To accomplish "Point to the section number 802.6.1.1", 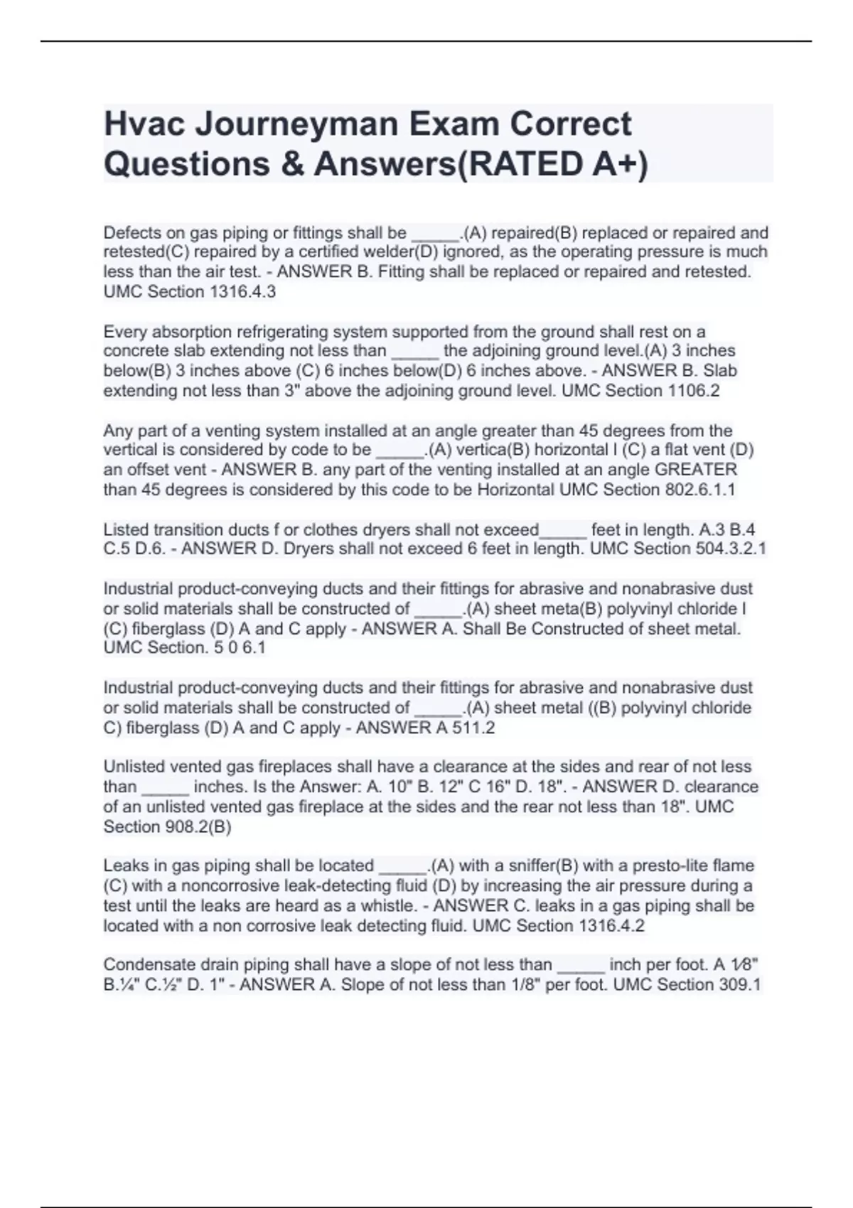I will pyautogui.click(x=700, y=490).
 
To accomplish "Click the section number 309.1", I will pyautogui.click(x=740, y=985).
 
